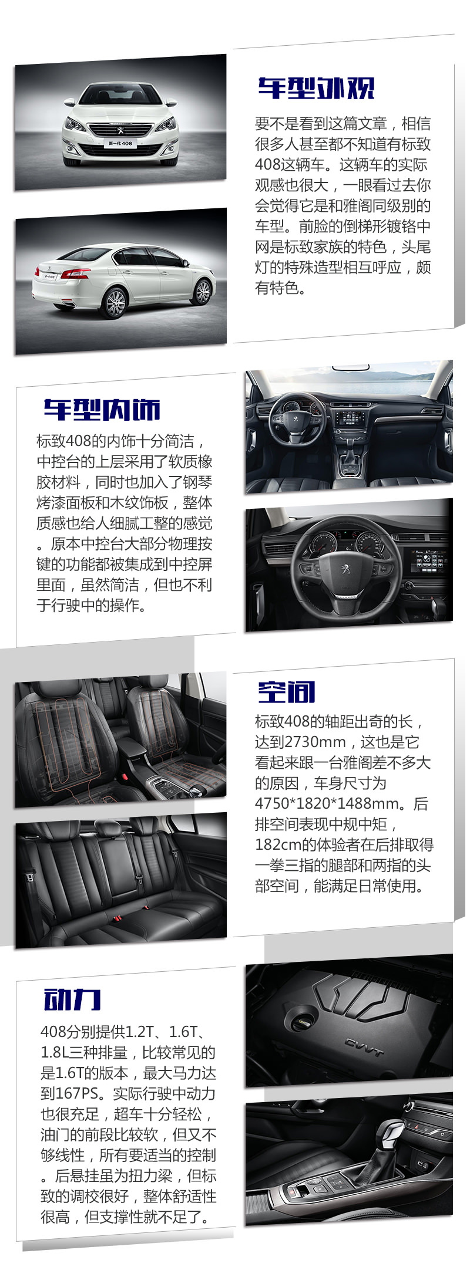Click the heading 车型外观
(315, 89)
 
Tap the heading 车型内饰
(102, 410)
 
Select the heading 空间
(286, 692)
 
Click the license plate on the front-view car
(120, 143)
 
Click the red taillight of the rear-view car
(76, 273)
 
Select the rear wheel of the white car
(115, 302)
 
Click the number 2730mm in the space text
(314, 742)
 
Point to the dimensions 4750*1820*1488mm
(330, 803)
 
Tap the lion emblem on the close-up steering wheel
(347, 569)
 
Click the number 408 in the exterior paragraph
(267, 165)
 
